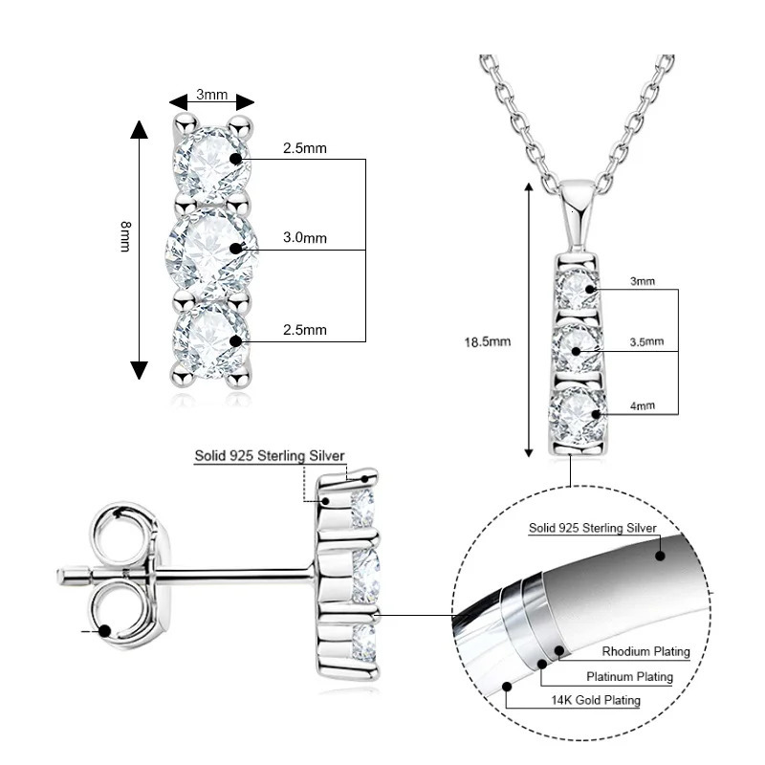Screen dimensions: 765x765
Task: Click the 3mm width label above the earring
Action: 211,94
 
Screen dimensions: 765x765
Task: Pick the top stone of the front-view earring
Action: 210,160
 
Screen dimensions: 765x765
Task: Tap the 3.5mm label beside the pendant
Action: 647,341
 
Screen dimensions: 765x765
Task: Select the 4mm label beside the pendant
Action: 643,405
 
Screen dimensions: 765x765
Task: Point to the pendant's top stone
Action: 579,286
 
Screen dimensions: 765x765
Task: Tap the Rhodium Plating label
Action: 645,652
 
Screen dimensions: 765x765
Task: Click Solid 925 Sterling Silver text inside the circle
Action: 593,528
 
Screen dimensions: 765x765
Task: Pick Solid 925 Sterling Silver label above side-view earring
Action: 270,457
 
